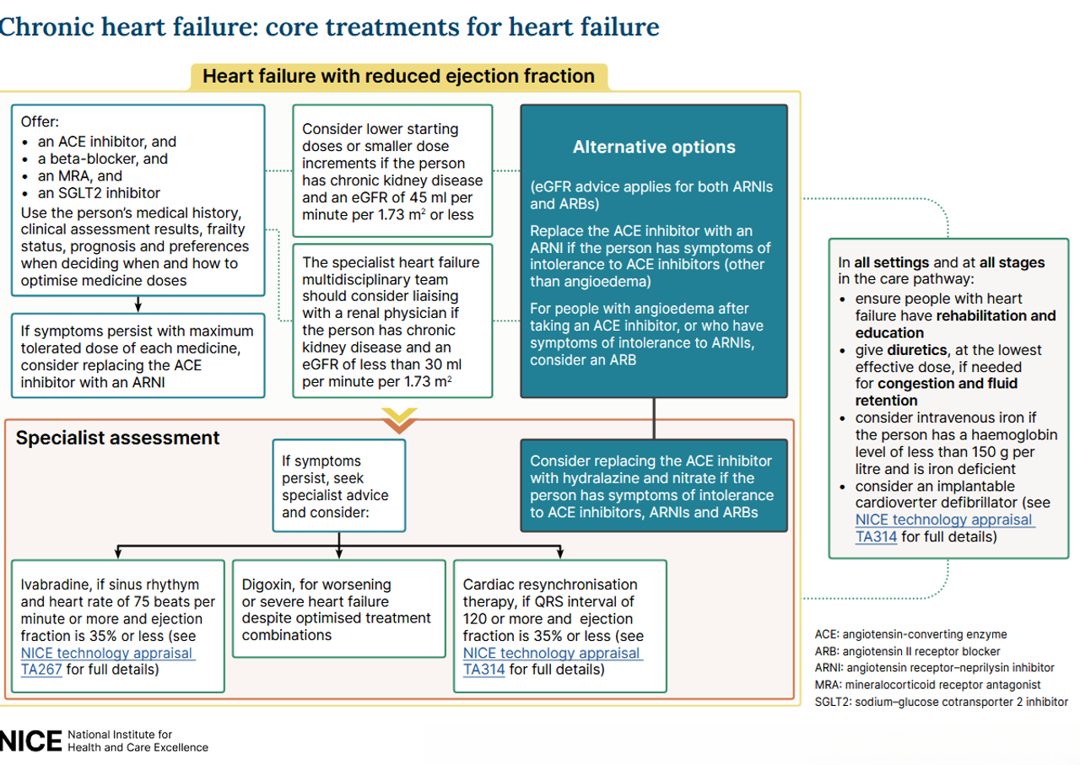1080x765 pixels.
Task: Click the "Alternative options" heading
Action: [654, 147]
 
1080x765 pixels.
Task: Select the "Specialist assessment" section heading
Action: [117, 438]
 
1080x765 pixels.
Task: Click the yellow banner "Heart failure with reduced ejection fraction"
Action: [398, 76]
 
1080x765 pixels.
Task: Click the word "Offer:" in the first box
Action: [40, 121]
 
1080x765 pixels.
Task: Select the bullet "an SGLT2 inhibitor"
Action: [99, 193]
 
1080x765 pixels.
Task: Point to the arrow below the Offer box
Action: [137, 304]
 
